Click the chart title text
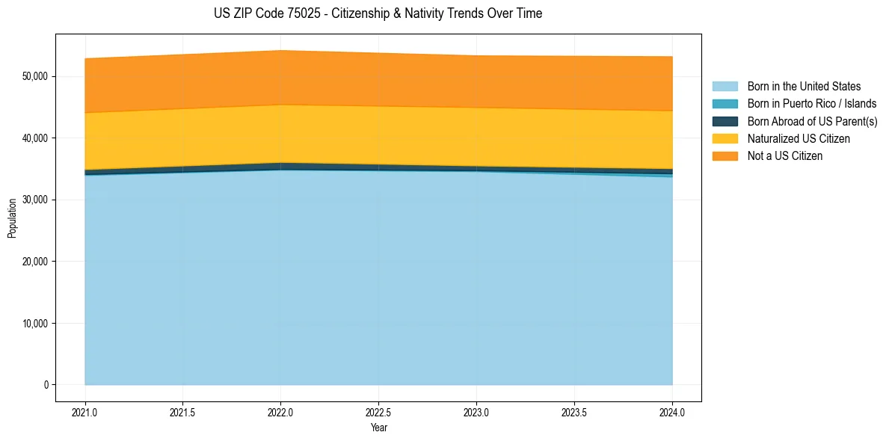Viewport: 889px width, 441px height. coord(378,13)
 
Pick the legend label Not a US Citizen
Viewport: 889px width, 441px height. coord(784,155)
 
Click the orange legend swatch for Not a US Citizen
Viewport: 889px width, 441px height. coord(725,155)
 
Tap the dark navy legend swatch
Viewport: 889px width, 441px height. coord(725,121)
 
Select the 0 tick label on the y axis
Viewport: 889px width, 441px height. coord(46,385)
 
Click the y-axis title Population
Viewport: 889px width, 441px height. coord(12,218)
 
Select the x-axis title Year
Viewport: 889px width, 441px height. coord(378,428)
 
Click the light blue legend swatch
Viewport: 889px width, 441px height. coord(725,87)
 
